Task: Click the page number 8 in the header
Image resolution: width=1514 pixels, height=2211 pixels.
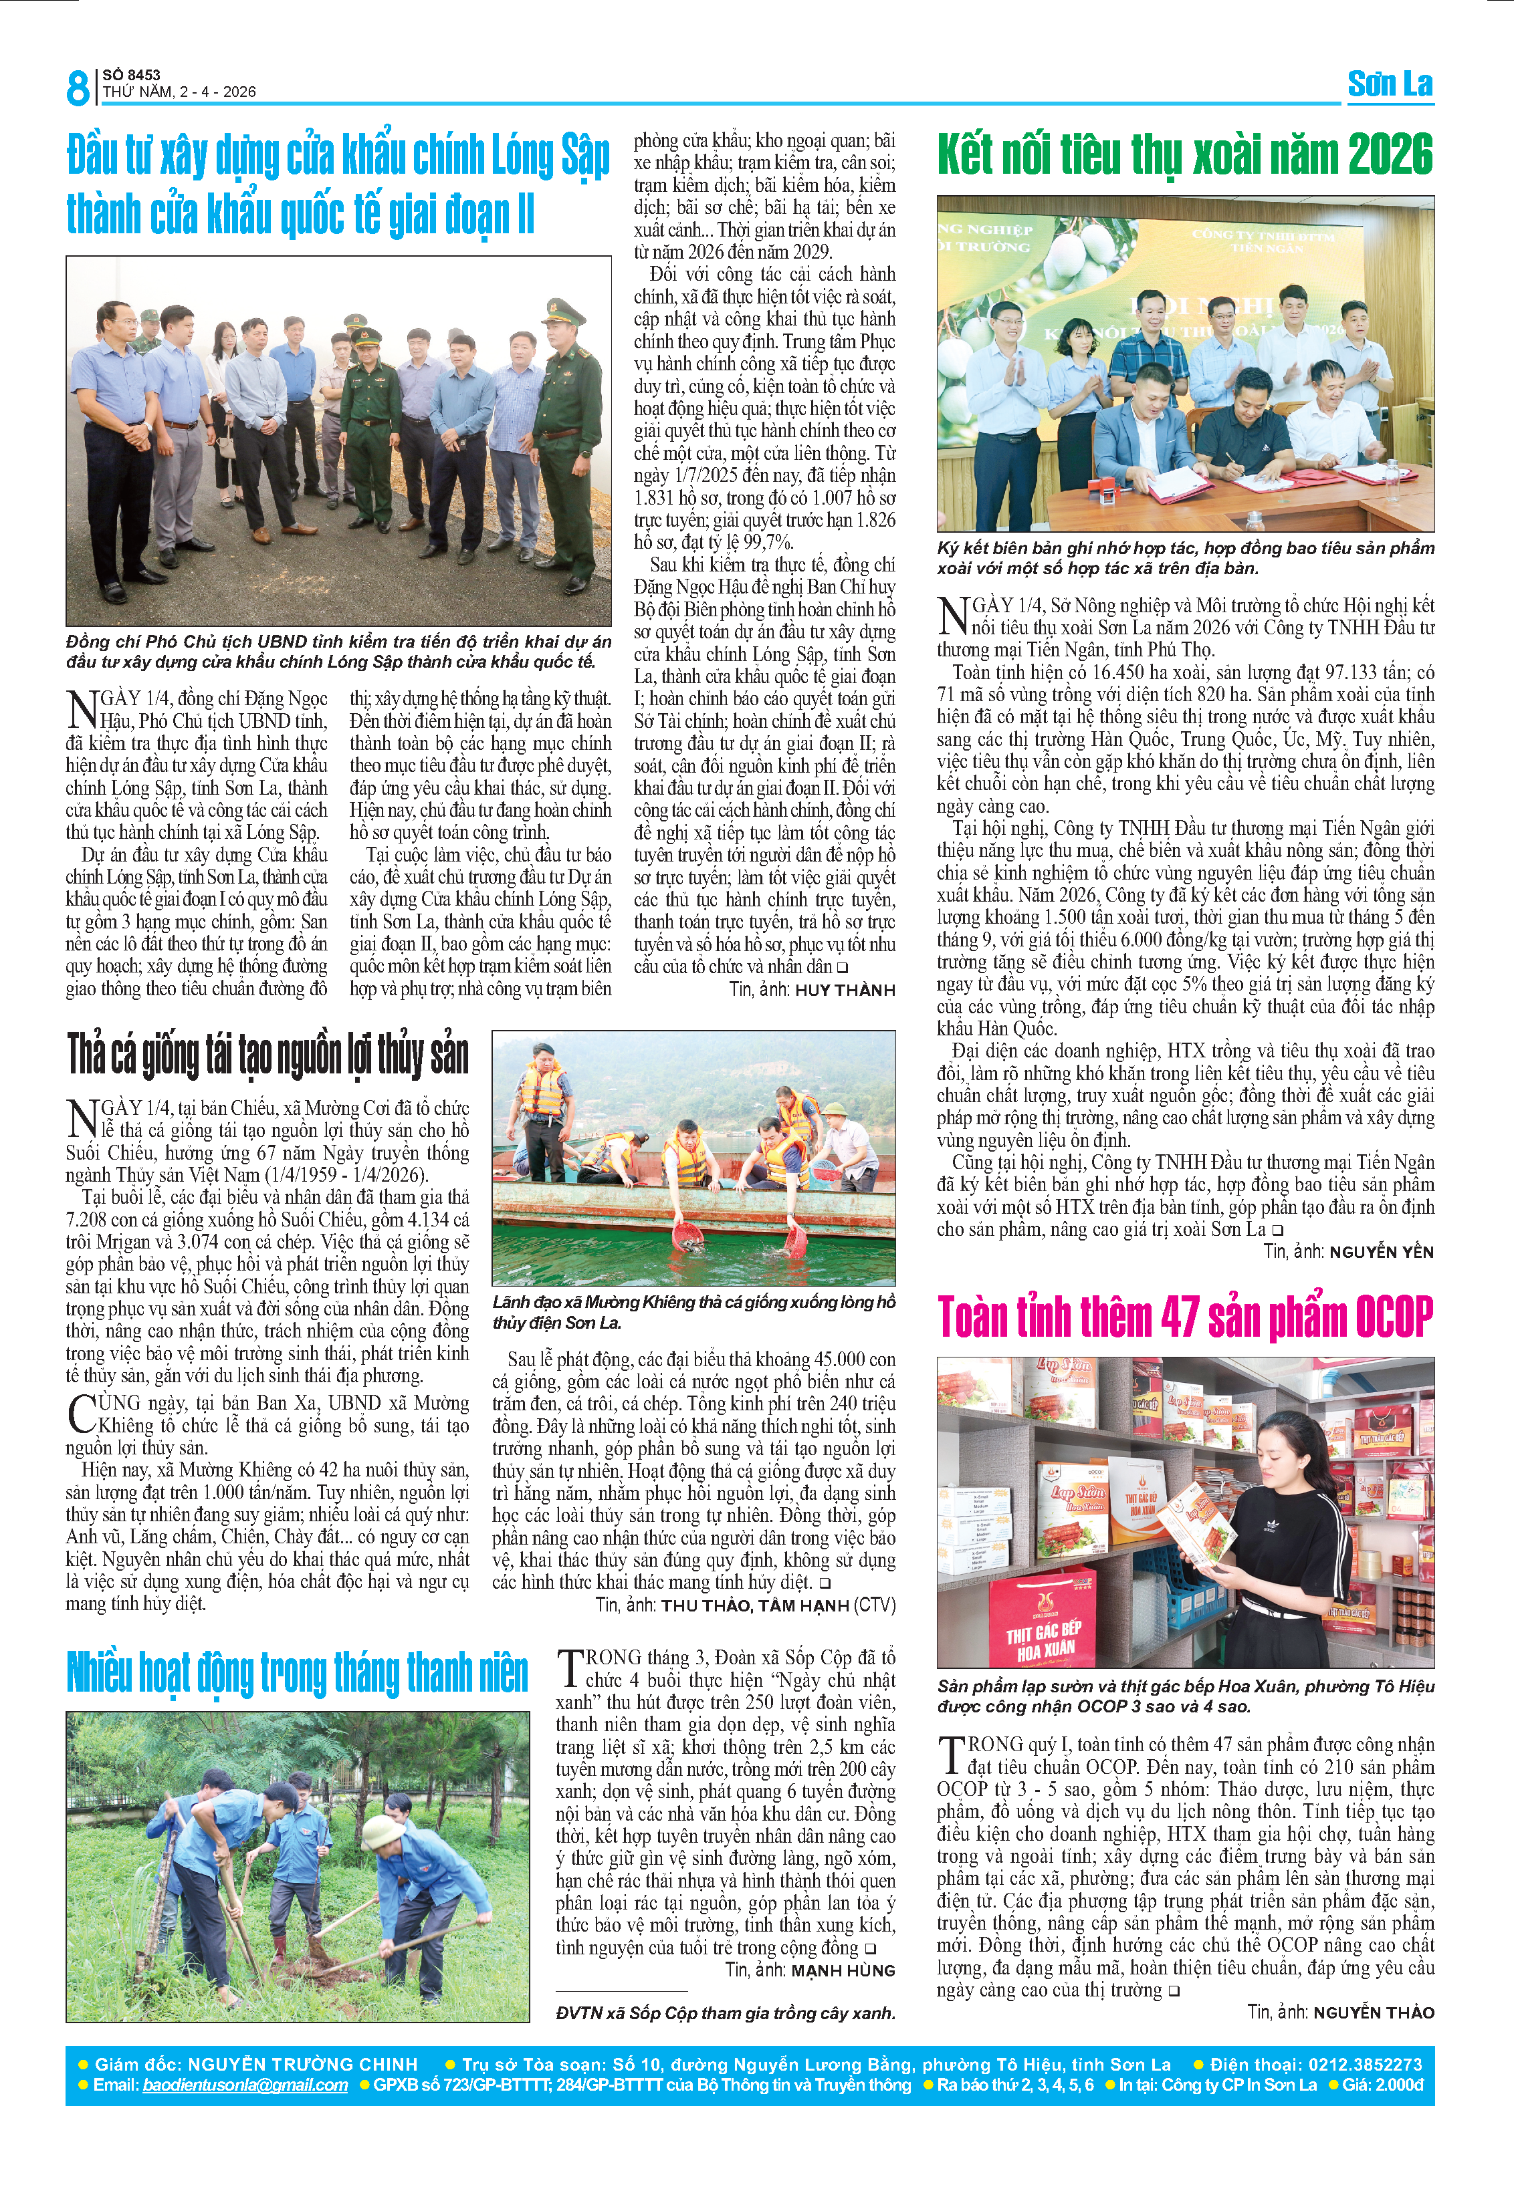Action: point(77,88)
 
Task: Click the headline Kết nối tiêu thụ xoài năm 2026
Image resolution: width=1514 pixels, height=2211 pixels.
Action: point(1185,155)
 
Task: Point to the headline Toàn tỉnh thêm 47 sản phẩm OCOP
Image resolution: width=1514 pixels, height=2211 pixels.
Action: point(1185,1317)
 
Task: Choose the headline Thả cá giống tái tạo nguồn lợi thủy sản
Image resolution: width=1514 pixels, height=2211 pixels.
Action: point(267,1056)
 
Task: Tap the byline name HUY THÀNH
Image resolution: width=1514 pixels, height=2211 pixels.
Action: point(845,991)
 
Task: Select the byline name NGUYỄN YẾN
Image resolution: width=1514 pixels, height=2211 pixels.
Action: point(1381,1252)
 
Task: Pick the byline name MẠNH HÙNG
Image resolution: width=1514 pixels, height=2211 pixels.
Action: point(843,1970)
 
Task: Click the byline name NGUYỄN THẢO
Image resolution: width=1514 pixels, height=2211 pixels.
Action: point(1373,2012)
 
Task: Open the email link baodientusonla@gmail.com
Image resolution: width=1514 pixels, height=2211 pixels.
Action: point(245,2085)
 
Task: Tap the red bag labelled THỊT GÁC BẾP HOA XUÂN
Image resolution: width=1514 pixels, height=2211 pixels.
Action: point(1045,1634)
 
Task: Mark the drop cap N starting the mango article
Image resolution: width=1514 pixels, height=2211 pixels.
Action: point(952,616)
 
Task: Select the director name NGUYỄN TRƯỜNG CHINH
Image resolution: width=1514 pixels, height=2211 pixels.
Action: point(303,2065)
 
